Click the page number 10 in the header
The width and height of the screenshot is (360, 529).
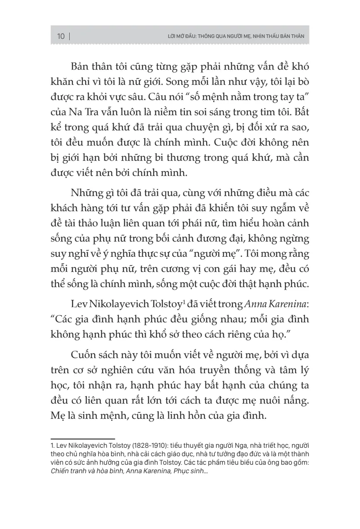click(61, 36)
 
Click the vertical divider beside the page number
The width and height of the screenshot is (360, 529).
click(70, 36)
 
